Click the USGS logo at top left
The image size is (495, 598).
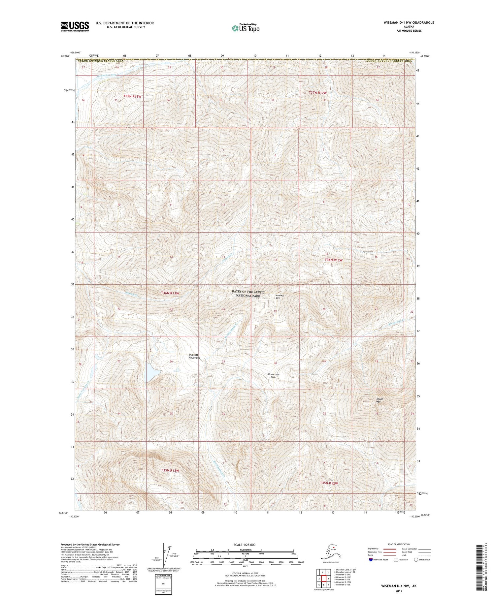click(75, 26)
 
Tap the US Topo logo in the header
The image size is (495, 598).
click(246, 28)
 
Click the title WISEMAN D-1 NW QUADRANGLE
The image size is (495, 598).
click(409, 22)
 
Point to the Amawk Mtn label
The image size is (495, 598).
click(280, 297)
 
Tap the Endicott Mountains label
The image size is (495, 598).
click(194, 356)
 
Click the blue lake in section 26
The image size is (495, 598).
click(151, 372)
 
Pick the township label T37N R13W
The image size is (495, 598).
click(132, 96)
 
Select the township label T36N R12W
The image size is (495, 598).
click(334, 260)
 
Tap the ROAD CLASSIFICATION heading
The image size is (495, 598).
click(399, 544)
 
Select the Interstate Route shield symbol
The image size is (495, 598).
click(371, 560)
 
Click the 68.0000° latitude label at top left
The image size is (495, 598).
click(65, 56)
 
